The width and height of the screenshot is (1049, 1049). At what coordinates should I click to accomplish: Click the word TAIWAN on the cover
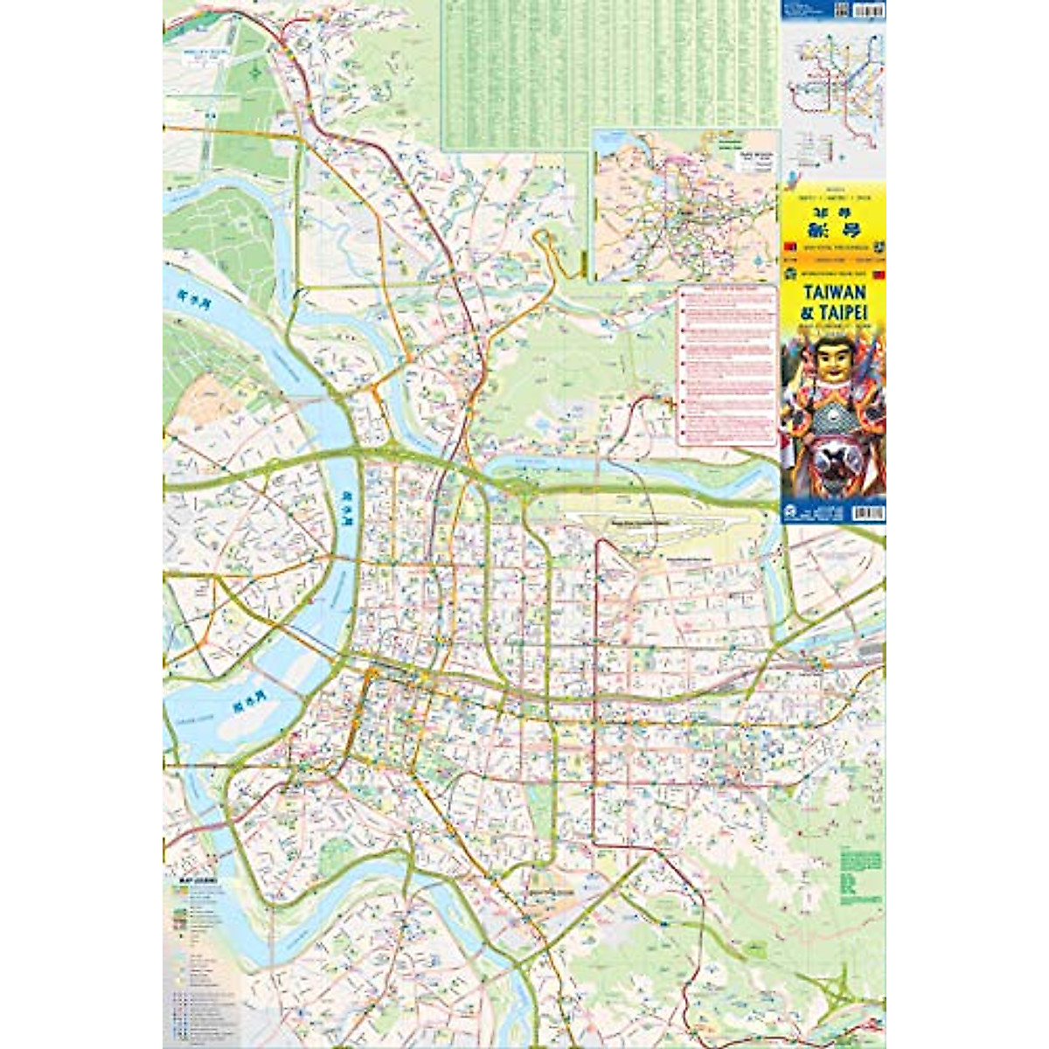pyautogui.click(x=832, y=293)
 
